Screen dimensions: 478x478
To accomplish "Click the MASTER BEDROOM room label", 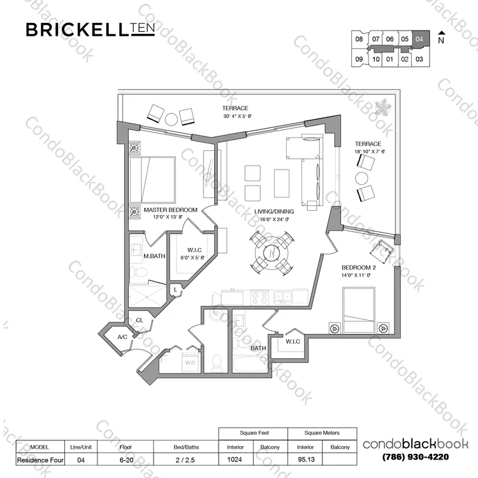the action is (x=170, y=210).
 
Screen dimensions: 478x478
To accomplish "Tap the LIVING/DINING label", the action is (x=274, y=211).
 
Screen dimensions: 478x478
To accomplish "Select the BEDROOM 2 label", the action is (x=358, y=268).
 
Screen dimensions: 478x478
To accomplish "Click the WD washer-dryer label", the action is (x=190, y=363).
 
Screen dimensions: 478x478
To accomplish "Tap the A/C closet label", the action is (x=122, y=337).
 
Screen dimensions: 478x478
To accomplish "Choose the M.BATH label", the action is (x=154, y=256).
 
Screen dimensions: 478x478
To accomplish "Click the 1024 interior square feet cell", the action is (x=235, y=460).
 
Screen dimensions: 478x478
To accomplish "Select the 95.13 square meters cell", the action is (x=306, y=460).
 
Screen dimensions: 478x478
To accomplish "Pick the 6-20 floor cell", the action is (x=127, y=460).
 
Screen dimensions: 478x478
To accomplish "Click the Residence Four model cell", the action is (x=40, y=460).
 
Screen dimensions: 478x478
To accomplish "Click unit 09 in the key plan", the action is (x=359, y=59).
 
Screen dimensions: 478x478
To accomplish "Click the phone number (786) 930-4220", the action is (x=415, y=457).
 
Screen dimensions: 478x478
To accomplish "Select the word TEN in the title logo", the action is (x=143, y=28).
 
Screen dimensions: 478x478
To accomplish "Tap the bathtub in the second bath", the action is (x=250, y=365).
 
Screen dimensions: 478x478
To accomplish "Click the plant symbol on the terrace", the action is (x=382, y=107).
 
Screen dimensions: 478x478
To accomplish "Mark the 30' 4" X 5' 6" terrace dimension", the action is (x=237, y=116).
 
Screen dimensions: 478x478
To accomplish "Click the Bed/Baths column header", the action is (x=186, y=447).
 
